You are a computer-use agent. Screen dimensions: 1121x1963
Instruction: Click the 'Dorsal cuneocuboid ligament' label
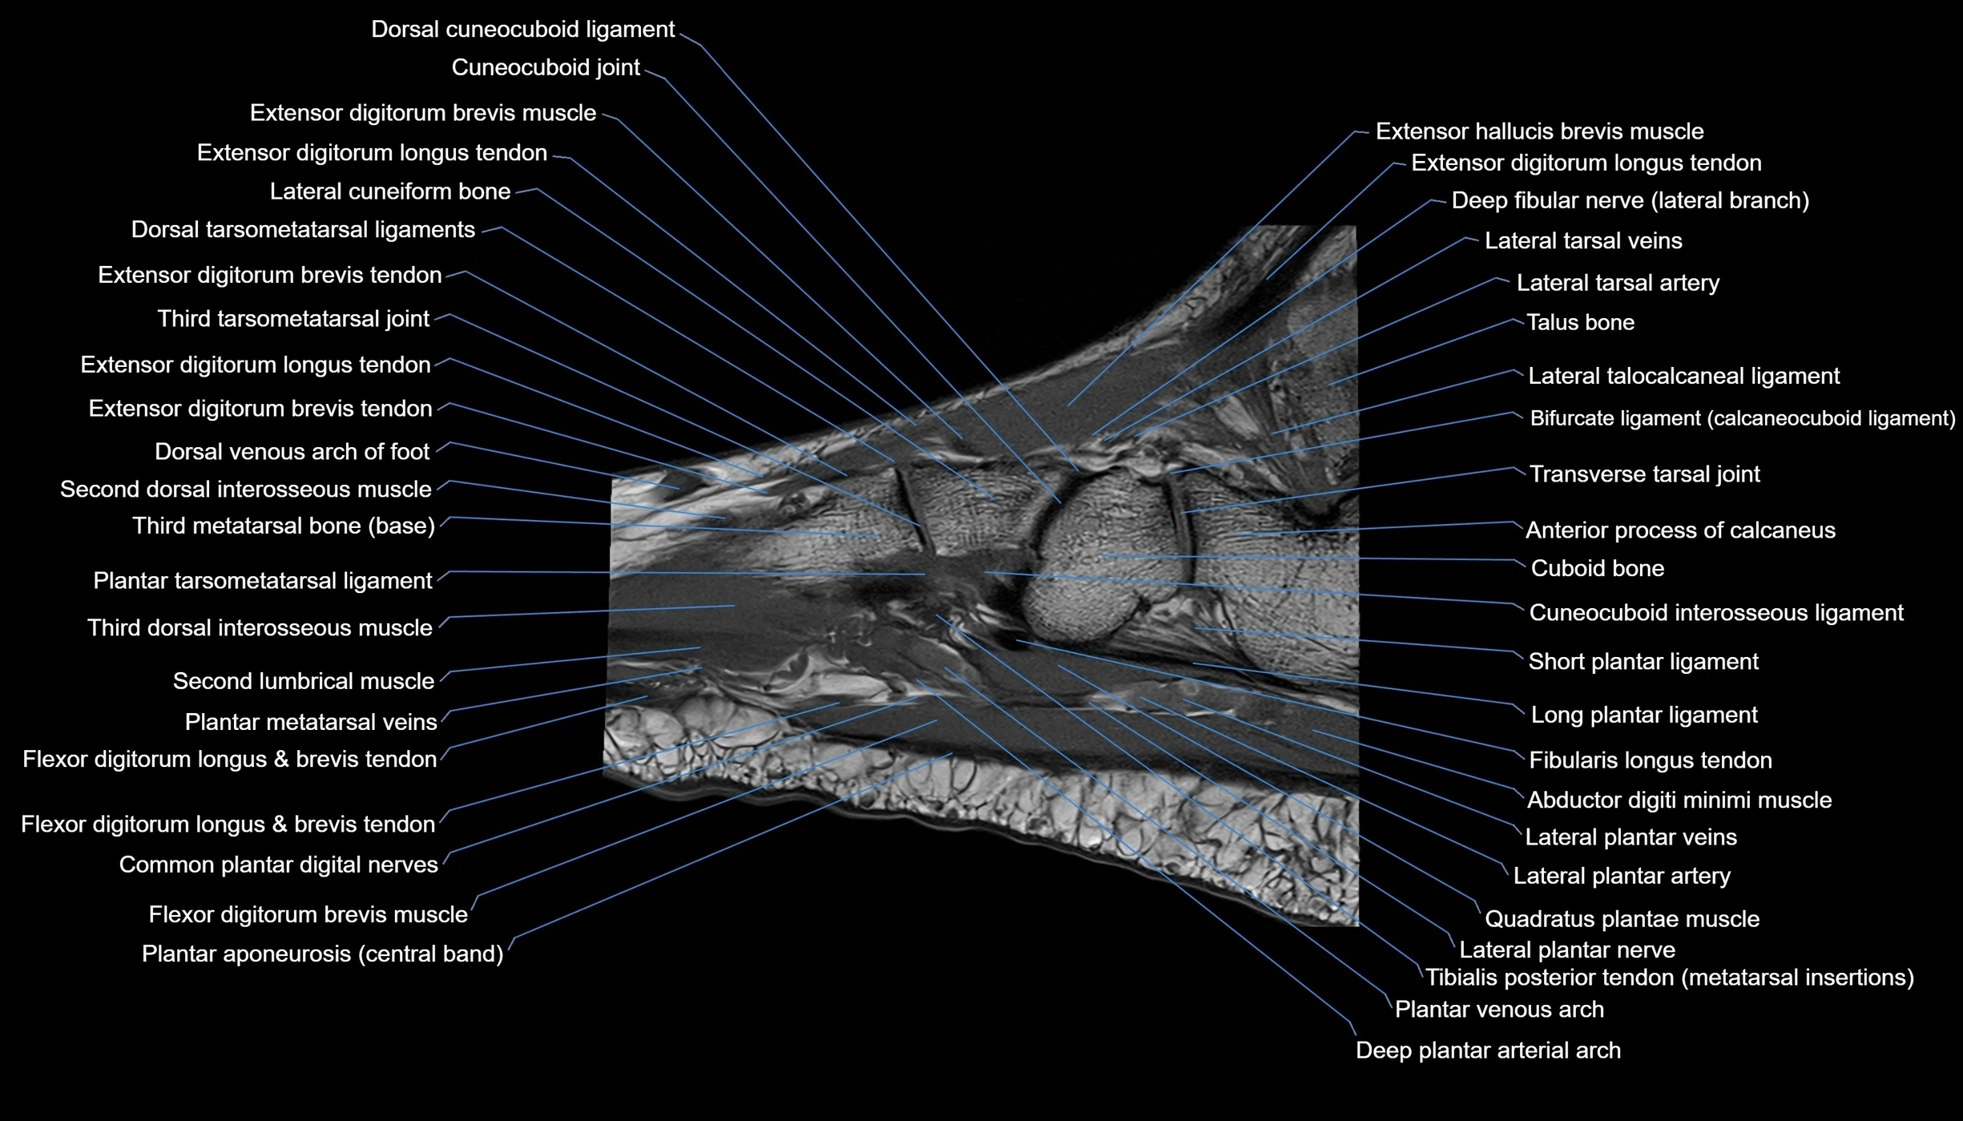tap(522, 30)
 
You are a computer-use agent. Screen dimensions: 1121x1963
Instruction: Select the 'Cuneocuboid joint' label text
tap(546, 67)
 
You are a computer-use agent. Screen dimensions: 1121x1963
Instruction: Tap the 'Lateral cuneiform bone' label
tap(389, 192)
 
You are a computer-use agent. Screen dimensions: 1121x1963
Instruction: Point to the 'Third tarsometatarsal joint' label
tap(293, 319)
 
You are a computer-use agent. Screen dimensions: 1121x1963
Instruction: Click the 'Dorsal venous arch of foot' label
tap(292, 452)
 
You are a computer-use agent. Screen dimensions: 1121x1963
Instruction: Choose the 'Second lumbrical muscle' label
tap(303, 681)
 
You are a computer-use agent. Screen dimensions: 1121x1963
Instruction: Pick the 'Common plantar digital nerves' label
tap(278, 865)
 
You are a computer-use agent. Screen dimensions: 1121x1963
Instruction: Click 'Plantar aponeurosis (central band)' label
tap(322, 954)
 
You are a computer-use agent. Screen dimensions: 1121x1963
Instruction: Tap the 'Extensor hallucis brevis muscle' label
tap(1539, 131)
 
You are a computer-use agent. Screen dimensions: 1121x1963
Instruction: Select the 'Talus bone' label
tap(1579, 322)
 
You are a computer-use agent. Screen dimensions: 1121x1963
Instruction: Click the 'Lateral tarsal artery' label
tap(1618, 283)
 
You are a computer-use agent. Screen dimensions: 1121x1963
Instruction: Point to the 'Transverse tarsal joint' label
tap(1644, 474)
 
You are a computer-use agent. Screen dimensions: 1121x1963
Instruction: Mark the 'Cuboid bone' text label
tap(1597, 569)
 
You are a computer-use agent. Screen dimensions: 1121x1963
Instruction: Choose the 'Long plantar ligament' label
tap(1643, 715)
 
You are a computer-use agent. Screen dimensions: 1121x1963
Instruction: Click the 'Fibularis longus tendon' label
tap(1650, 760)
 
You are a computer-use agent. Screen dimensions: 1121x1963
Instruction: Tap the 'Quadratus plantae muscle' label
tap(1622, 918)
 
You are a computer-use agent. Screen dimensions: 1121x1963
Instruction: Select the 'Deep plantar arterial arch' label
tap(1488, 1050)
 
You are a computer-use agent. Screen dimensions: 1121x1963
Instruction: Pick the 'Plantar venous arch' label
tap(1499, 1009)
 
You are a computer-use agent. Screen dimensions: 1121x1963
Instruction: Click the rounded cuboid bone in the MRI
tap(1102, 553)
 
